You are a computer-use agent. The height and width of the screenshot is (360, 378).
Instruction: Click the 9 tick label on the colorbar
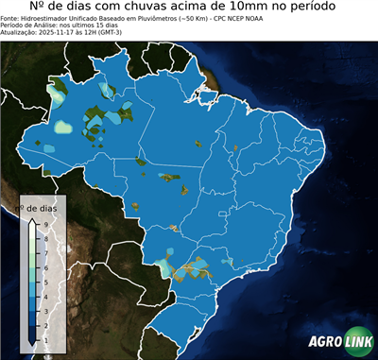[45, 222]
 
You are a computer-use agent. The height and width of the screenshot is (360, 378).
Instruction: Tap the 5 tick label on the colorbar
[45, 280]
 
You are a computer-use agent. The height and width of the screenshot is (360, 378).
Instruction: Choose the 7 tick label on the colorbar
[45, 251]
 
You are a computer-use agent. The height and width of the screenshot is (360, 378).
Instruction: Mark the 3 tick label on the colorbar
[45, 308]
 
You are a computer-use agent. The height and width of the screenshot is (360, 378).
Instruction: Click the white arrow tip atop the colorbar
[32, 218]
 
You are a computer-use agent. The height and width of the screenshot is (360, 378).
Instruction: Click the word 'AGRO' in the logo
[324, 342]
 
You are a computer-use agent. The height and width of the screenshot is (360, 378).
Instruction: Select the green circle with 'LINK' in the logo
[358, 342]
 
